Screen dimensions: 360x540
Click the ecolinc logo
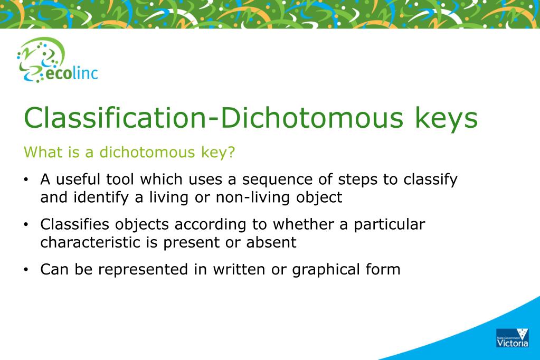coord(58,61)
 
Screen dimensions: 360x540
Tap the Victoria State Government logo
coord(512,338)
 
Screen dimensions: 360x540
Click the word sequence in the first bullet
coord(277,179)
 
